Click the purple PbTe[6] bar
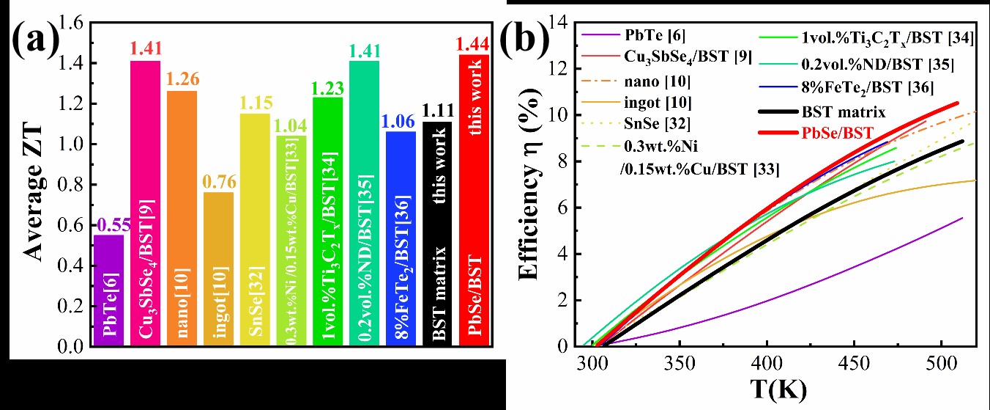tap(108, 290)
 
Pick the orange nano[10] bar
tap(181, 218)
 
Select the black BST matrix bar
tap(436, 233)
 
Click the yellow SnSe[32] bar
tap(254, 229)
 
